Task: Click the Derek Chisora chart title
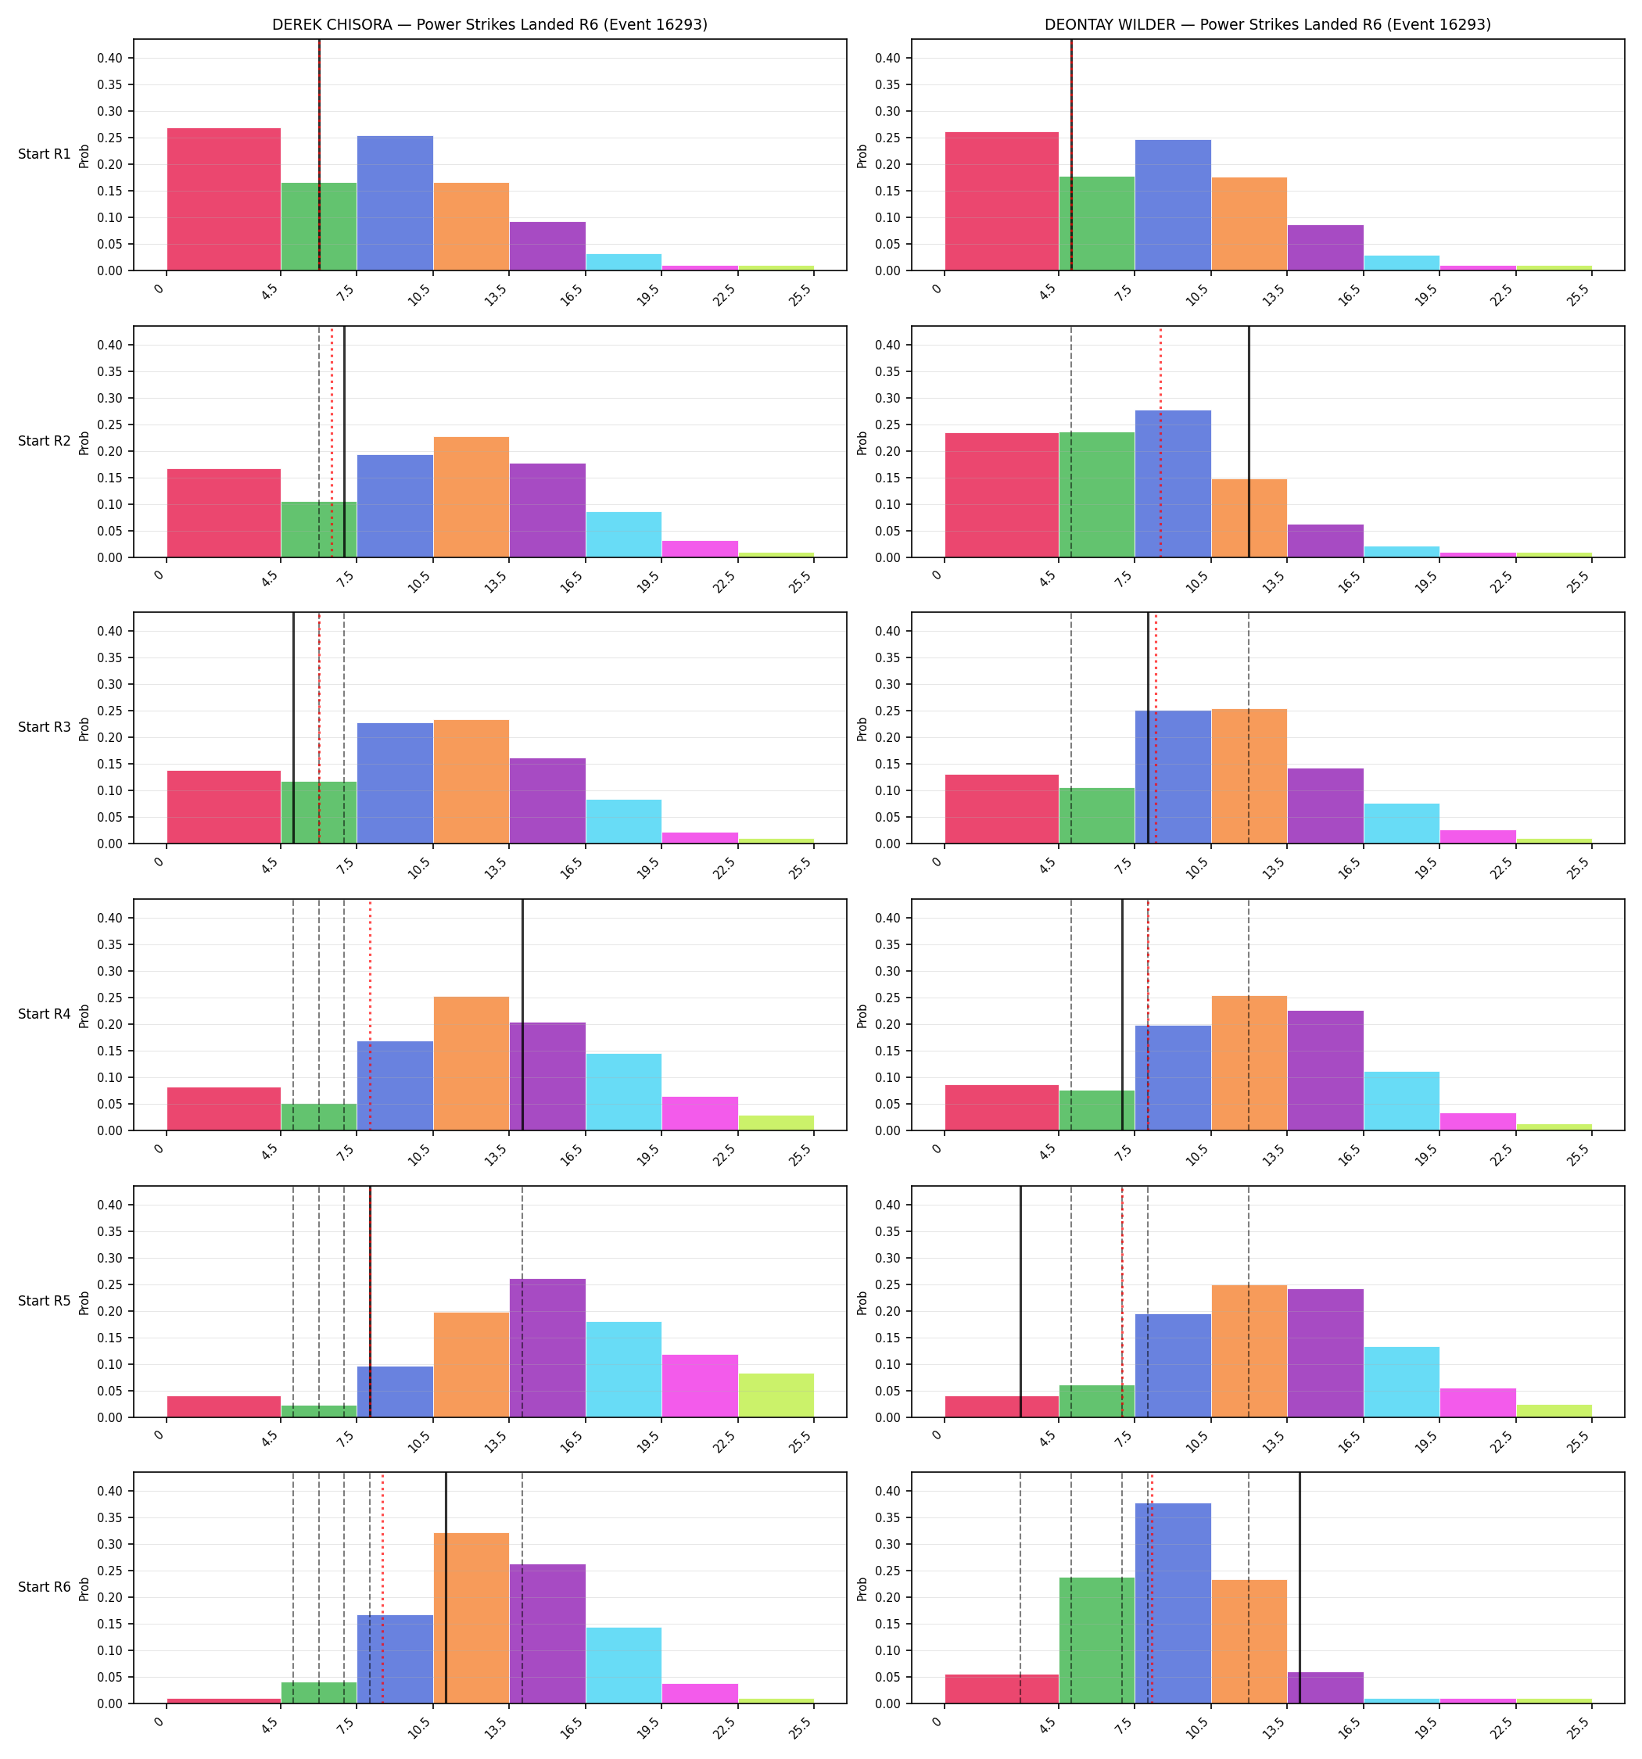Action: click(489, 25)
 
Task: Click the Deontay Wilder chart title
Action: click(1267, 25)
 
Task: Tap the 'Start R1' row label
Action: click(45, 154)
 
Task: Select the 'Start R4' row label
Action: click(45, 1014)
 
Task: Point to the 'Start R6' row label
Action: click(45, 1587)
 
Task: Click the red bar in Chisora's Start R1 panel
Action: click(224, 199)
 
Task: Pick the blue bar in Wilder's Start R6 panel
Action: click(1173, 1603)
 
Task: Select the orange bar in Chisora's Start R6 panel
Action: click(471, 1618)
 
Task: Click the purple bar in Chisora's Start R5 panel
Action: click(547, 1348)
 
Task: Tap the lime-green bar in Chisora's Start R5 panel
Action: click(776, 1395)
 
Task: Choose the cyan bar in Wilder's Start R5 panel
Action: click(1401, 1381)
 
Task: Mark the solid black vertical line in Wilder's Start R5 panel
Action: click(1020, 1301)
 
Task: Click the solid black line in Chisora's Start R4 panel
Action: click(522, 1015)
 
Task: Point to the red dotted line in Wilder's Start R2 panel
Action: click(1160, 442)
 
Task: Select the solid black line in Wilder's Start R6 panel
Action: click(1300, 1587)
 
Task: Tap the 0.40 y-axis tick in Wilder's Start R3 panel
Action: click(892, 632)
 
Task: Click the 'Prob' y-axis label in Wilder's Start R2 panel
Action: click(862, 442)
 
